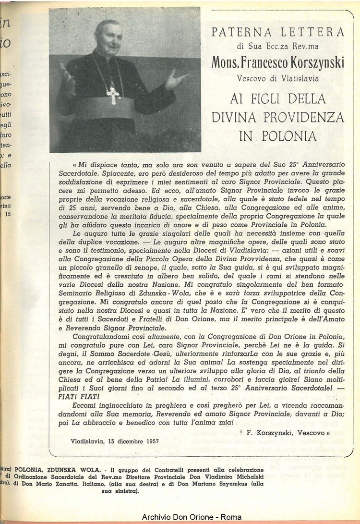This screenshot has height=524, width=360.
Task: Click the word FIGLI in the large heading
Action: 264,99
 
